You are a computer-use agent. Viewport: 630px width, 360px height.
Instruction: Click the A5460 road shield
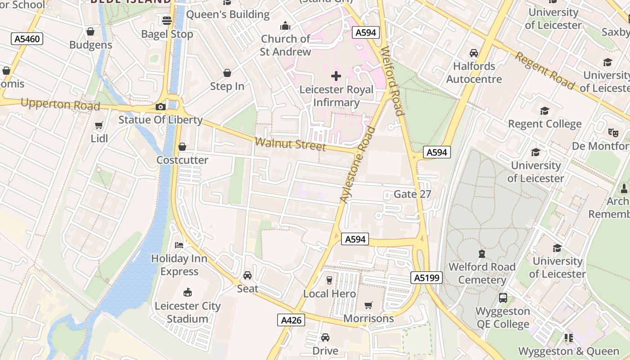[27, 39]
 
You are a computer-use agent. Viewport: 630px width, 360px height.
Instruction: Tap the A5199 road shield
[427, 278]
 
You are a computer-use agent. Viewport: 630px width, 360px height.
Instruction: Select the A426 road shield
[291, 320]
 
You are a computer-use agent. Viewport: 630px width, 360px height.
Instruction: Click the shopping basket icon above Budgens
[90, 31]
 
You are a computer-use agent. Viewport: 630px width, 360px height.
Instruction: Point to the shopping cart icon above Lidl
[99, 125]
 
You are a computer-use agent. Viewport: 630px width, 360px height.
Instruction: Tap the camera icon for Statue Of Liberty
[161, 107]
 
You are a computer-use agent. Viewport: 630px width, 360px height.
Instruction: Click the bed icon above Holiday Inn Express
[179, 245]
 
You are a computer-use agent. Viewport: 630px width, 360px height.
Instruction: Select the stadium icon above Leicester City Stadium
[188, 292]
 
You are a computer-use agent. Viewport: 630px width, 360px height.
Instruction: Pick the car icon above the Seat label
[247, 275]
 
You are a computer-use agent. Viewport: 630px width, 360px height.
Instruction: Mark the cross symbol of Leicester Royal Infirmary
[336, 76]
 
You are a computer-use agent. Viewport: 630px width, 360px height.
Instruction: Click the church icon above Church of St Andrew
[285, 26]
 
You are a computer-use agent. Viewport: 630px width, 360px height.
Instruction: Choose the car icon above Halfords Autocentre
[474, 53]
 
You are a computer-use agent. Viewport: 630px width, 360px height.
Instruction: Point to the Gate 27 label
[412, 194]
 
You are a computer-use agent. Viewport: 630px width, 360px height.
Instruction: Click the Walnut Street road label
[290, 144]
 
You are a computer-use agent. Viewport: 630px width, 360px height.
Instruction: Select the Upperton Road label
[60, 104]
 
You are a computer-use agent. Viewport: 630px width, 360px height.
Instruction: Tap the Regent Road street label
[544, 71]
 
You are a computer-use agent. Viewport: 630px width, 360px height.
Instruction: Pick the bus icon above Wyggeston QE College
[503, 298]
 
